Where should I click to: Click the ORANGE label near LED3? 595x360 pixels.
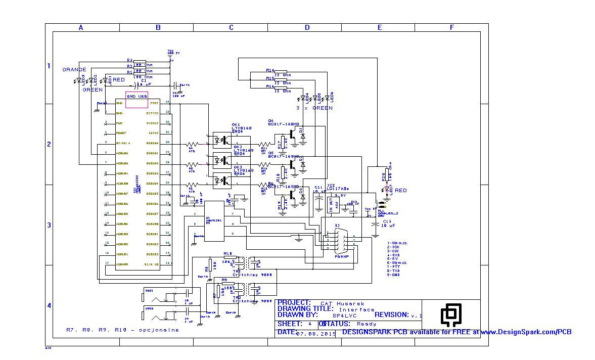click(x=74, y=69)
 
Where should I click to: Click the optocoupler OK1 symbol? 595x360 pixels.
click(x=222, y=138)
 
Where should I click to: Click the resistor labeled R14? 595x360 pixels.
click(x=281, y=71)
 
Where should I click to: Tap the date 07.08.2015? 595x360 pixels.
click(x=316, y=333)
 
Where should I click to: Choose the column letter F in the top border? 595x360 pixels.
click(x=451, y=28)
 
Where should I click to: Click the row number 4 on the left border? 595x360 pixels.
click(x=49, y=305)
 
